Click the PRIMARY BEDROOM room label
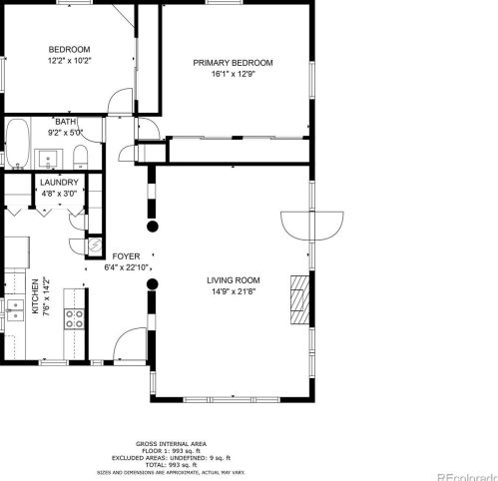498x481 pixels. [x=233, y=63]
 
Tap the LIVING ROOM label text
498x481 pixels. [x=234, y=280]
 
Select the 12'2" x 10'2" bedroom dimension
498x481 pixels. [x=69, y=61]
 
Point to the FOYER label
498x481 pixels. [x=126, y=256]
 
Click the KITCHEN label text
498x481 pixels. [x=35, y=296]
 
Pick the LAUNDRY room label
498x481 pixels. [x=59, y=183]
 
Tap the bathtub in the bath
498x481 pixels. [x=18, y=144]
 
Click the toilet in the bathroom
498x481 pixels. [x=80, y=157]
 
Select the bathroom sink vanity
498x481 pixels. [x=49, y=159]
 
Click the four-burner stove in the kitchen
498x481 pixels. [x=74, y=318]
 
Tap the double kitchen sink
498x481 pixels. [x=15, y=310]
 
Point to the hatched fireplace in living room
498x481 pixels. [x=300, y=299]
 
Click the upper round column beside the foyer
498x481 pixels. [x=153, y=227]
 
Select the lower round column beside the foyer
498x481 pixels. [x=153, y=284]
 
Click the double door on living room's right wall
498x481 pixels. [x=312, y=226]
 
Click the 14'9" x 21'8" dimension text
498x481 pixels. [x=234, y=291]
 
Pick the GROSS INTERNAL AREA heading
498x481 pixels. [x=171, y=444]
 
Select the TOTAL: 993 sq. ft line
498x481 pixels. [x=171, y=465]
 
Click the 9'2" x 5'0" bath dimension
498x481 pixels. [x=65, y=133]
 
